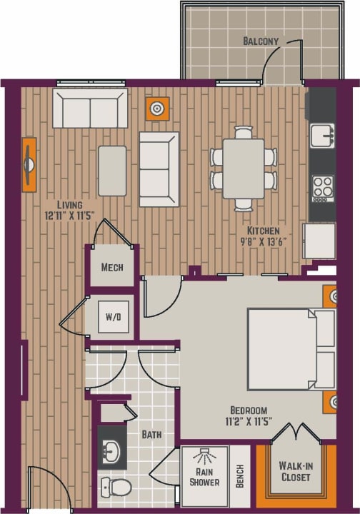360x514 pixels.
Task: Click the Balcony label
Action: click(x=259, y=41)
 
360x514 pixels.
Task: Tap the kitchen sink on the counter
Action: click(x=322, y=133)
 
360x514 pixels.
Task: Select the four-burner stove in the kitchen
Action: click(x=322, y=186)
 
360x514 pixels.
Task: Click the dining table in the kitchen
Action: click(x=243, y=168)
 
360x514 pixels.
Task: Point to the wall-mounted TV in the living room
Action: click(x=29, y=165)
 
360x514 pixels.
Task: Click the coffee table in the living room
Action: click(x=112, y=170)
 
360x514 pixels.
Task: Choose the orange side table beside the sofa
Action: click(x=157, y=109)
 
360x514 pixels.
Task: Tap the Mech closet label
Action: click(x=112, y=268)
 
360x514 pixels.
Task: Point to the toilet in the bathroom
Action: click(x=116, y=488)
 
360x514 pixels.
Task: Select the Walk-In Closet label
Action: click(x=294, y=471)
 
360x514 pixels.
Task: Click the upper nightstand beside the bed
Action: click(x=329, y=296)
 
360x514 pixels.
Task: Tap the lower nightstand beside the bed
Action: click(x=329, y=402)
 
